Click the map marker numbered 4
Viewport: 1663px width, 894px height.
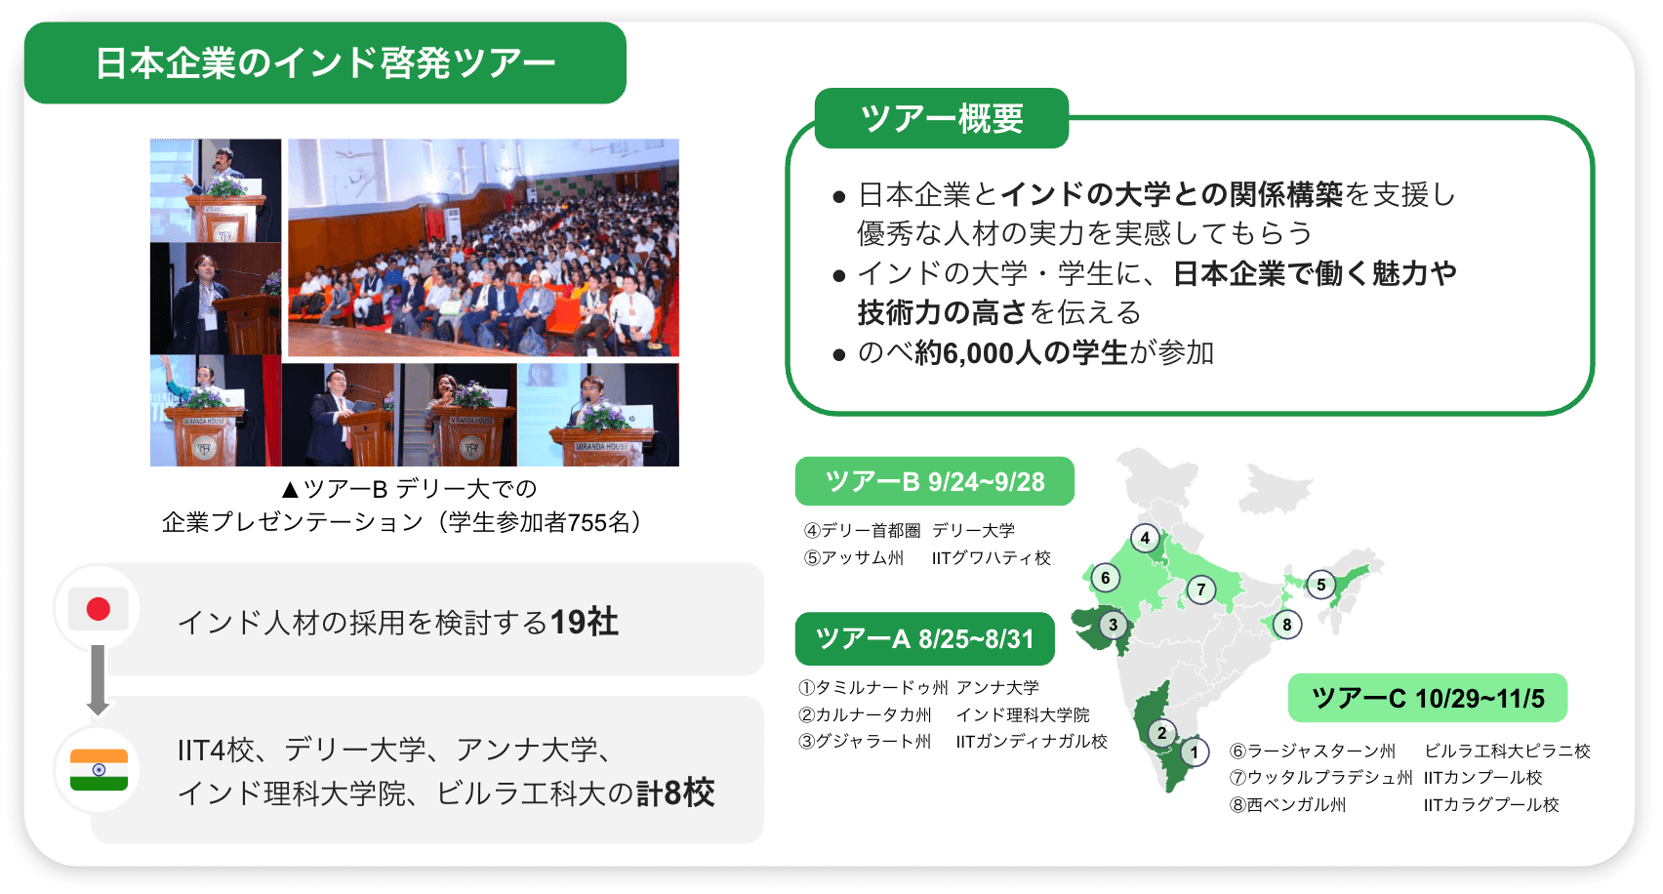pos(1145,538)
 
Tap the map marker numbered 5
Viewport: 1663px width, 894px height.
pos(1320,585)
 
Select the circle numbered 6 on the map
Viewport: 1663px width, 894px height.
pos(1106,578)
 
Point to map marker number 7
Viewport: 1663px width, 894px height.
pos(1200,590)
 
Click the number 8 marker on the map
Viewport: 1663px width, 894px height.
pos(1286,625)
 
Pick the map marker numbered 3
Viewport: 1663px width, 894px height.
pos(1113,625)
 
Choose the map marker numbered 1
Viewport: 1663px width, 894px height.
pos(1194,752)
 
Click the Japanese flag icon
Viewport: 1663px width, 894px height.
pos(98,610)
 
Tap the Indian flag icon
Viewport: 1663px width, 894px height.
pos(99,770)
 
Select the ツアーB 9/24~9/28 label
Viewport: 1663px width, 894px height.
pos(935,481)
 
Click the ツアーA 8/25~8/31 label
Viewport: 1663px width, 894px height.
pos(925,638)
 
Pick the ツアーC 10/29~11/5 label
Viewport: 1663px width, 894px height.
pos(1428,698)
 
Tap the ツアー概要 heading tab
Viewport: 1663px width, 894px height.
pos(942,118)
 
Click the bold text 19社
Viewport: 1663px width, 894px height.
pos(585,622)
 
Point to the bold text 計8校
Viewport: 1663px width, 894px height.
pos(674,792)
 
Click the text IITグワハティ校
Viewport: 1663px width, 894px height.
pos(992,557)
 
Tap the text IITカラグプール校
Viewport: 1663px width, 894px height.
pos(1491,804)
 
